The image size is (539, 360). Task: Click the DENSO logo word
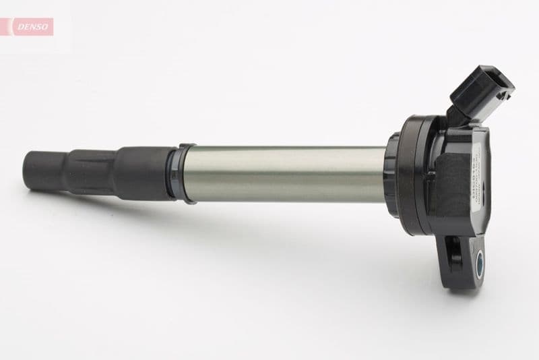[33, 26]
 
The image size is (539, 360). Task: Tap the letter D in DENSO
[18, 26]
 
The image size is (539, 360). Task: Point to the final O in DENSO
[48, 26]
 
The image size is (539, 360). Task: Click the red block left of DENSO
[6, 26]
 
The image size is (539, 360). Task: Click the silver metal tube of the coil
[283, 174]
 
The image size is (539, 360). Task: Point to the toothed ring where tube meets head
[391, 174]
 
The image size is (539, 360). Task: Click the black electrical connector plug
[480, 91]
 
